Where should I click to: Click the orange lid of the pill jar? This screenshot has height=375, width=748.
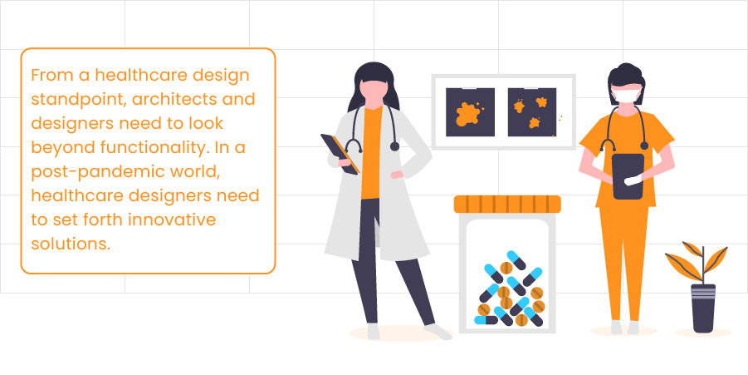[507, 204]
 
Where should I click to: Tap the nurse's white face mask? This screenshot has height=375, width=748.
[627, 94]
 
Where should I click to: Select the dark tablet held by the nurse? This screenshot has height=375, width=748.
[628, 176]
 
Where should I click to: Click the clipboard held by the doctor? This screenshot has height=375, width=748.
[340, 154]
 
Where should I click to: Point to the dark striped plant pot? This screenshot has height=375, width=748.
[703, 308]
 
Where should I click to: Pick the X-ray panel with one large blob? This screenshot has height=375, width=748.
[470, 112]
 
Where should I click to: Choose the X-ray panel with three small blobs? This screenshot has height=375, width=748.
[532, 112]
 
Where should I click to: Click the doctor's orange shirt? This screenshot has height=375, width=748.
[371, 153]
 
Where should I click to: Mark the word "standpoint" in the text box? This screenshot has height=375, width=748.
[79, 101]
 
